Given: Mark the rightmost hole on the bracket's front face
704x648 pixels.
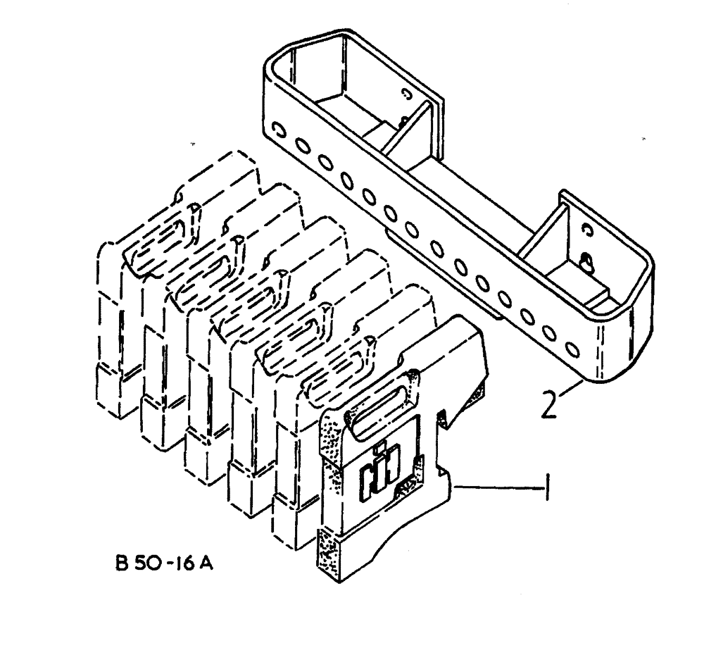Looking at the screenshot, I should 573,349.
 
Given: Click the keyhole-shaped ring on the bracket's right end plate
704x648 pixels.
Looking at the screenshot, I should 586,262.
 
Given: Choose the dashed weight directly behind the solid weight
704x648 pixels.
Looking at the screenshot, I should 296,451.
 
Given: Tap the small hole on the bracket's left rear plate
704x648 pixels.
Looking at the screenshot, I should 406,92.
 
